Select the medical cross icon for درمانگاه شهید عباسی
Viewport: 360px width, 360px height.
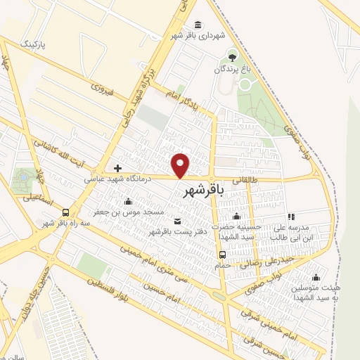117,168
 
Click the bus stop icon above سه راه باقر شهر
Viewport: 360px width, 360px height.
66,212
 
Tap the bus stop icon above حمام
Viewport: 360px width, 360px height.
222,255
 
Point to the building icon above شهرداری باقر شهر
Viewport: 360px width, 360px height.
196,23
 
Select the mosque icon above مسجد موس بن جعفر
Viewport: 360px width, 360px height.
127,201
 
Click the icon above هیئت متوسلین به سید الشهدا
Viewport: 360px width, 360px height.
315,277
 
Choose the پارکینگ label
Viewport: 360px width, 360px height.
32,44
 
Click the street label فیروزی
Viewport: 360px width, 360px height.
102,90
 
